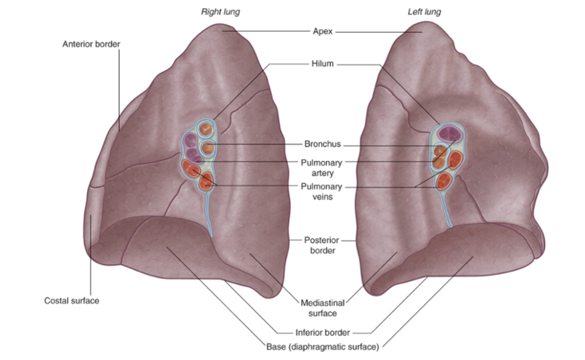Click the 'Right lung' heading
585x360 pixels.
220,12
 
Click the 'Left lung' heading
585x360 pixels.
424,12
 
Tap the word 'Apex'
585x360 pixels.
323,32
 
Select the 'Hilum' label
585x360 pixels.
322,64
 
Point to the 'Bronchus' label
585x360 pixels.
322,144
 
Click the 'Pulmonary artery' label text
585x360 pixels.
322,168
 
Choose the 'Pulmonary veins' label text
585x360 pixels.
322,192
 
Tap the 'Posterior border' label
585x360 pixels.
322,245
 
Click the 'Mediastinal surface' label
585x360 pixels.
322,308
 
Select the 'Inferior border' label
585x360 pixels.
322,332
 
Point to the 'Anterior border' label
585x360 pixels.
91,44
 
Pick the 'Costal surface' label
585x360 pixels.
71,301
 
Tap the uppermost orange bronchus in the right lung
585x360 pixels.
206,130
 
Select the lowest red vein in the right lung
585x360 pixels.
205,182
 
